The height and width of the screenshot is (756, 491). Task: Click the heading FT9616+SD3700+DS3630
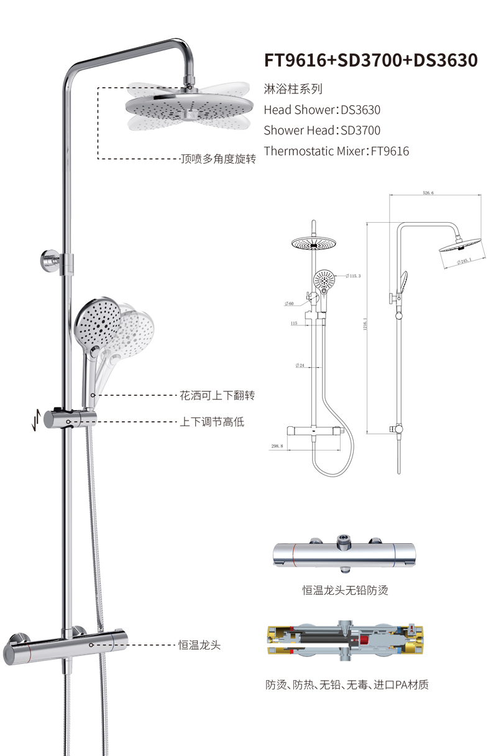(x=370, y=60)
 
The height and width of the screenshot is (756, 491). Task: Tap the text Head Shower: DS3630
(x=322, y=110)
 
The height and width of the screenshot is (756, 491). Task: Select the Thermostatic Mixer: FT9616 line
(x=336, y=151)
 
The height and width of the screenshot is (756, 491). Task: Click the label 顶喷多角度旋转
(x=218, y=159)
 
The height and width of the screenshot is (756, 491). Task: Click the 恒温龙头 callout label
(x=200, y=645)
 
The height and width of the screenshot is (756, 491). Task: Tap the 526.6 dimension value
(x=428, y=194)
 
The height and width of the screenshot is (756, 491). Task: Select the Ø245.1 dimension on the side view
(x=464, y=261)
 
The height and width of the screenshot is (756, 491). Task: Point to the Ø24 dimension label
(x=299, y=365)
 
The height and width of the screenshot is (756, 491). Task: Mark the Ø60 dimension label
(x=289, y=304)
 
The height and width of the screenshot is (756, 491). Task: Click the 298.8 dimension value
(x=277, y=446)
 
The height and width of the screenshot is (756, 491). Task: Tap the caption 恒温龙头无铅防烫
(x=345, y=590)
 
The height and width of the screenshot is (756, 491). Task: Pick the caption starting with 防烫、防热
(x=346, y=685)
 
